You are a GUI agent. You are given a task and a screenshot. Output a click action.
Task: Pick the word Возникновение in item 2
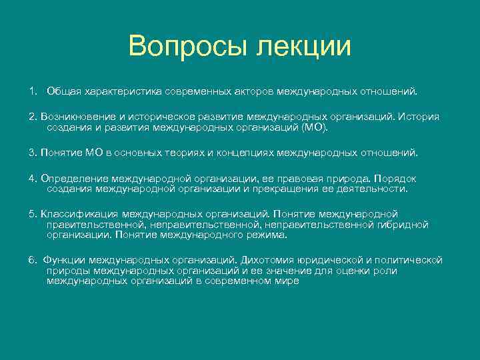[73, 117]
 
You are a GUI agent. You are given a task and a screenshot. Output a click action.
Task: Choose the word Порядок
[395, 179]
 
